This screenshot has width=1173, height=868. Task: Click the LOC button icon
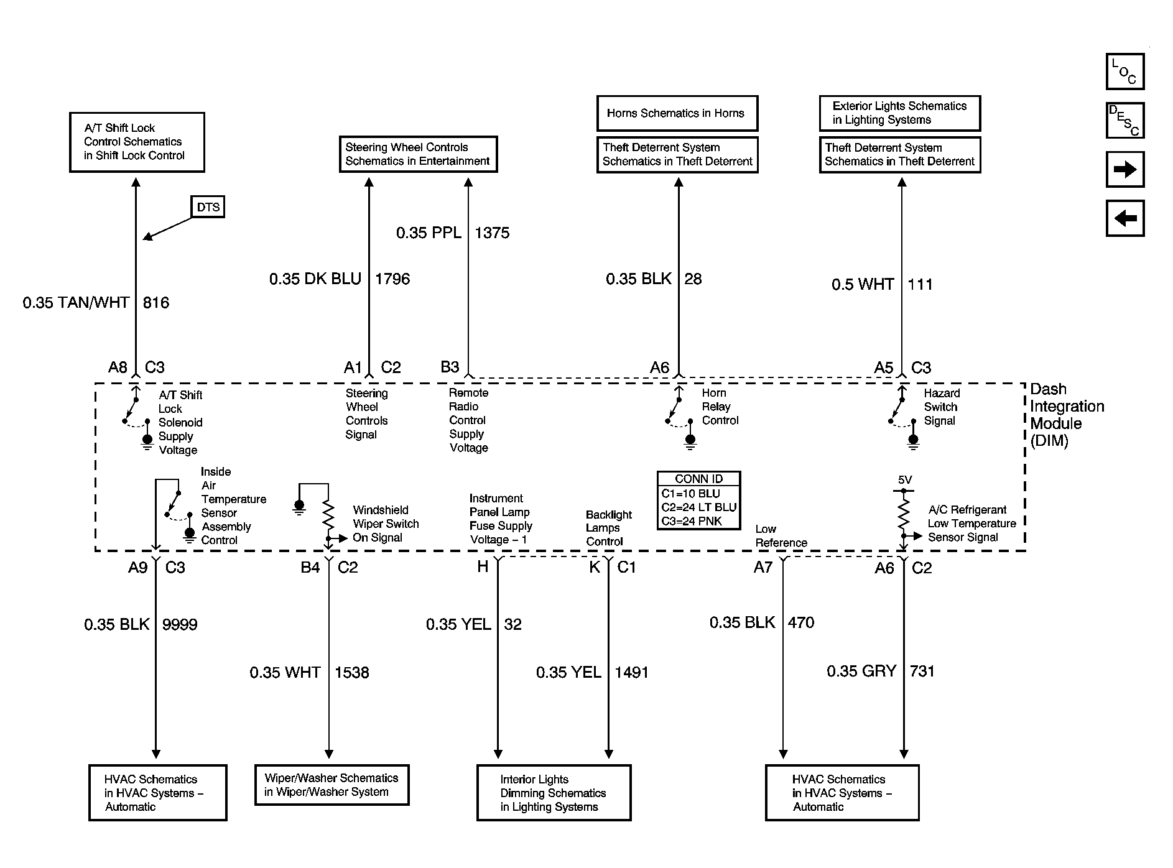[x=1125, y=72]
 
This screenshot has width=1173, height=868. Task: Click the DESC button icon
[x=1125, y=120]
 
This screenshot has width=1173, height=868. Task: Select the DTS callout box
[x=208, y=207]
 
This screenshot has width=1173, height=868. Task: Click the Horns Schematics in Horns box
[x=677, y=113]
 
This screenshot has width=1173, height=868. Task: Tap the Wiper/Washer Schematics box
[x=332, y=785]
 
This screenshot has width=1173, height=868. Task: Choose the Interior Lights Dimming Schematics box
[x=554, y=793]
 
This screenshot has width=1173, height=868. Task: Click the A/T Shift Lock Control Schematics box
[x=137, y=142]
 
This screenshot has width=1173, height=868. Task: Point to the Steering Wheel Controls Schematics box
[x=418, y=154]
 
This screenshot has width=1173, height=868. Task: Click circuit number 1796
[x=392, y=279]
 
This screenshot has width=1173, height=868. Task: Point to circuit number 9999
[x=180, y=624]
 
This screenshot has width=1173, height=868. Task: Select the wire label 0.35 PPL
[x=429, y=233]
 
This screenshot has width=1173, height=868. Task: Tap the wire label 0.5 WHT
[x=863, y=284]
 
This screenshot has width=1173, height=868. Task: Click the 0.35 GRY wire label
[x=861, y=671]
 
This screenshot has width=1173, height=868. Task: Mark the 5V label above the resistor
[x=905, y=480]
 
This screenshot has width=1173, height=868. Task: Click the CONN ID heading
[x=699, y=479]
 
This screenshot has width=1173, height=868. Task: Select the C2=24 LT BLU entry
[x=699, y=507]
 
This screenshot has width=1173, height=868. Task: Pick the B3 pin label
[x=450, y=367]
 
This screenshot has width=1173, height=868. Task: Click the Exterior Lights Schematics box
[x=900, y=113]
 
